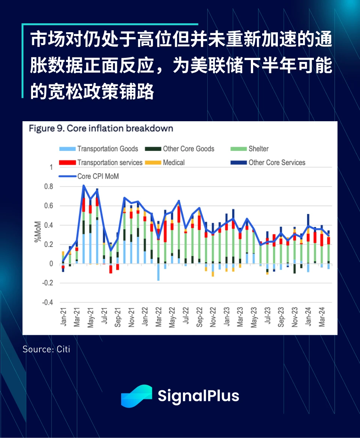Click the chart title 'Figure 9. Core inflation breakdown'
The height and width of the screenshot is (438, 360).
(101, 128)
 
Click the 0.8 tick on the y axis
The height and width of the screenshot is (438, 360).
(49, 187)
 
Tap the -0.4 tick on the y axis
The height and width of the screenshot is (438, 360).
(48, 303)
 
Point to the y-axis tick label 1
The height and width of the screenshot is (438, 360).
(51, 167)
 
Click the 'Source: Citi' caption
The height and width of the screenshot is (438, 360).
(46, 349)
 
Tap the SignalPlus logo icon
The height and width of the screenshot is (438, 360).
(136, 396)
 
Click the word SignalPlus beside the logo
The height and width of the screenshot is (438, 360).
(198, 396)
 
